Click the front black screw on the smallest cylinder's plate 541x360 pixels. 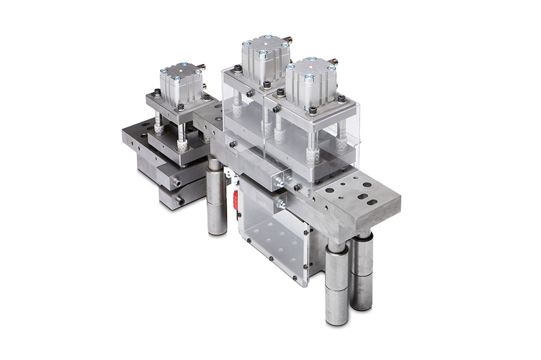(181, 107)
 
